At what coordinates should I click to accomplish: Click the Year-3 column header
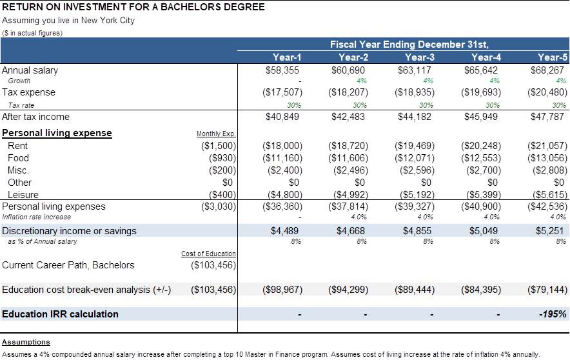pyautogui.click(x=420, y=57)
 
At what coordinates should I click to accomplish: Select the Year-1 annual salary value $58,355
pyautogui.click(x=282, y=70)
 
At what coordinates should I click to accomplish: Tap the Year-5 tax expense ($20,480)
pyautogui.click(x=547, y=92)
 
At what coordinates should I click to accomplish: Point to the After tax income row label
pyautogui.click(x=35, y=117)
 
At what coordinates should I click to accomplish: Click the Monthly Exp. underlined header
pyautogui.click(x=216, y=134)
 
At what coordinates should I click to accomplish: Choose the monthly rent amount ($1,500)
pyautogui.click(x=219, y=146)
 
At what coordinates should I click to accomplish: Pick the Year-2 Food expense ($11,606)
pyautogui.click(x=348, y=158)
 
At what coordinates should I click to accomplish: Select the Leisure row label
pyautogui.click(x=23, y=195)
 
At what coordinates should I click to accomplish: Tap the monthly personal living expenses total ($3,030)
pyautogui.click(x=219, y=206)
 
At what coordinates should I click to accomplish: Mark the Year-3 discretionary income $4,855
pyautogui.click(x=417, y=231)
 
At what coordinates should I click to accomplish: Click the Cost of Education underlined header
pyautogui.click(x=208, y=254)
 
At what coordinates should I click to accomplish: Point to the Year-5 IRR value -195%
pyautogui.click(x=553, y=314)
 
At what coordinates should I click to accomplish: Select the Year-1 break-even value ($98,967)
pyautogui.click(x=282, y=290)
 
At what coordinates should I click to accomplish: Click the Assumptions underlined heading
pyautogui.click(x=26, y=342)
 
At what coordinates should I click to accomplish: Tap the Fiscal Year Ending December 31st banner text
pyautogui.click(x=409, y=45)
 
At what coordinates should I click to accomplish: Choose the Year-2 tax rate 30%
pyautogui.click(x=360, y=105)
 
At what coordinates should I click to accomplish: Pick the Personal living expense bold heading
pyautogui.click(x=57, y=133)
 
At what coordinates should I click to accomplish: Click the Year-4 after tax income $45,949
pyautogui.click(x=480, y=117)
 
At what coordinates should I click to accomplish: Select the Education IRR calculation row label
pyautogui.click(x=61, y=314)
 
